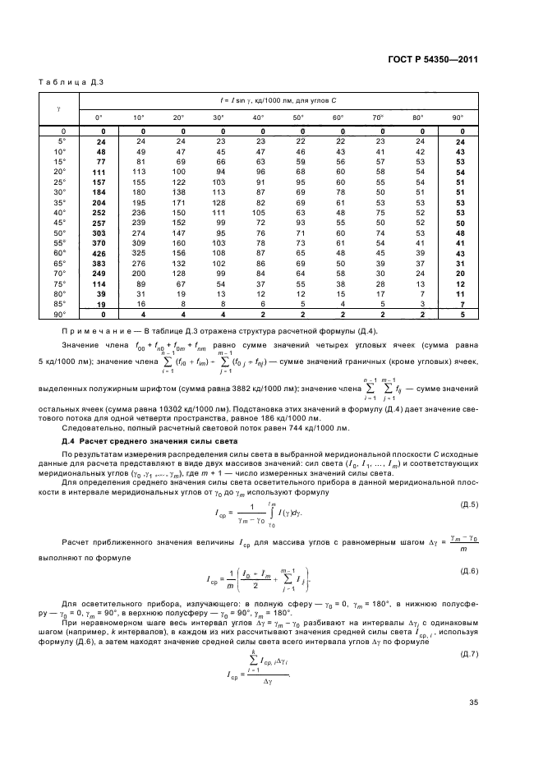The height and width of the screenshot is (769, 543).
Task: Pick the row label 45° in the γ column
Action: point(60,223)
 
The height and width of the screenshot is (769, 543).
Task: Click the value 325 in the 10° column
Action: point(140,253)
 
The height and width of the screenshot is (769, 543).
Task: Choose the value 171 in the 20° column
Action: point(180,202)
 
